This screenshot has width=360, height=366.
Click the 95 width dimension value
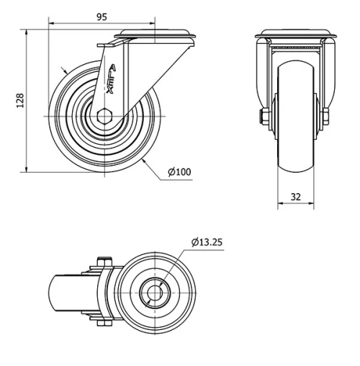[102, 17]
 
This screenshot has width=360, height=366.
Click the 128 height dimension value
[20, 100]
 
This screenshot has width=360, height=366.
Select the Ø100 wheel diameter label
[179, 172]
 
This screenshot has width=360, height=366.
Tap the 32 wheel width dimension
[296, 197]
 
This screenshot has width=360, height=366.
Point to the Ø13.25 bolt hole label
[207, 242]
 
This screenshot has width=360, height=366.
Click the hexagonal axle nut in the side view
[105, 116]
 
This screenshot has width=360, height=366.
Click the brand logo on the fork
[111, 79]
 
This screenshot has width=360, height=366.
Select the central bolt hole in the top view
[155, 293]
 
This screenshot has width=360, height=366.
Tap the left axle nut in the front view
[265, 117]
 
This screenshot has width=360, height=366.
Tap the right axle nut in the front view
[325, 117]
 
